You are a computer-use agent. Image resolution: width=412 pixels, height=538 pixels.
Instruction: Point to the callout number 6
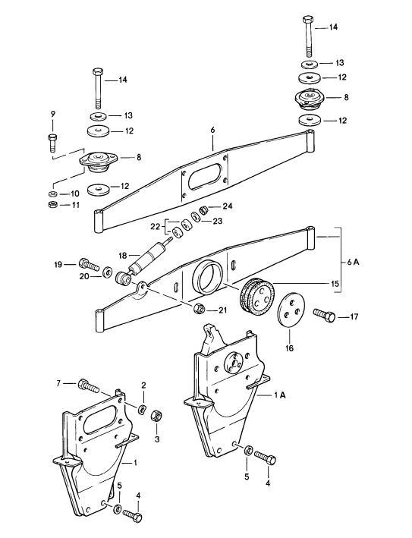pos(213,131)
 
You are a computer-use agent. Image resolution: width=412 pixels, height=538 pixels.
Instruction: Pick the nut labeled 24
pos(203,209)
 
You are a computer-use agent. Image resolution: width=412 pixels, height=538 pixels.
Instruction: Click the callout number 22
pos(154,227)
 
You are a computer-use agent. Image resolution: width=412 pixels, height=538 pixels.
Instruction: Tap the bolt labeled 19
pos(90,266)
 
